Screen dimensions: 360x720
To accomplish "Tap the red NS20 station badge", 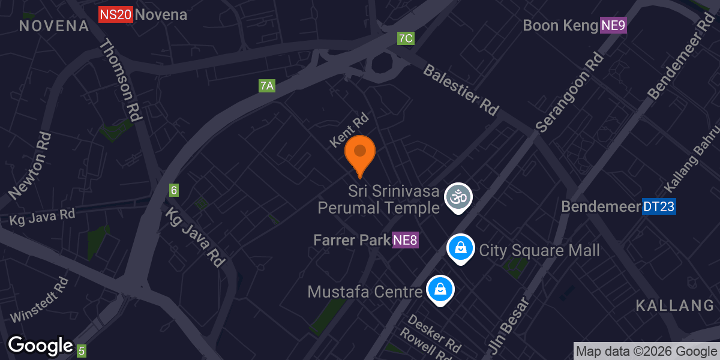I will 115,14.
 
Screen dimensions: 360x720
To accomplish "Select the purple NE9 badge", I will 613,26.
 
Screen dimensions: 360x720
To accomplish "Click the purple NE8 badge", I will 405,241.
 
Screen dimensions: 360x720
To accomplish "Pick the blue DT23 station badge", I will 659,207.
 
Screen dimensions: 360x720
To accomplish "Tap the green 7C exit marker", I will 406,38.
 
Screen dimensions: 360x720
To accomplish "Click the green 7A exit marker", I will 267,86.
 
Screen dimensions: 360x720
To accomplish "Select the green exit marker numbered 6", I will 174,190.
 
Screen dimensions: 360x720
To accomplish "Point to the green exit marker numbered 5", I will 82,351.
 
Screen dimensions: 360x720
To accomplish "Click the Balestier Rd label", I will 461,90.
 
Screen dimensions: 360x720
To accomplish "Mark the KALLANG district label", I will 674,305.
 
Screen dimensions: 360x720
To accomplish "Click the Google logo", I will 40,346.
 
